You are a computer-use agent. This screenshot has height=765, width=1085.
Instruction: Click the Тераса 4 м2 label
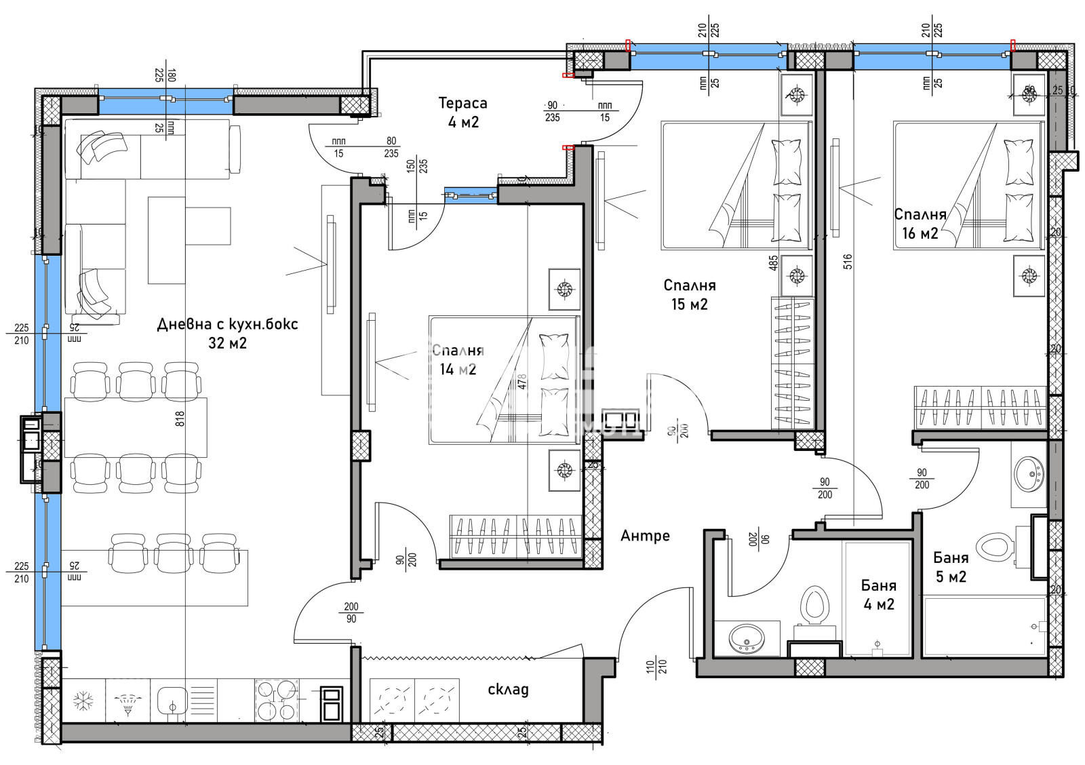coord(462,113)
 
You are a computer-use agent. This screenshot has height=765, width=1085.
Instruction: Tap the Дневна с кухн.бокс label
coord(227,333)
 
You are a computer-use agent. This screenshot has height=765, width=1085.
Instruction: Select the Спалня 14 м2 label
coord(457,359)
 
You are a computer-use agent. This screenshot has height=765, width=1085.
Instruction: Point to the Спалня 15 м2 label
coord(689,294)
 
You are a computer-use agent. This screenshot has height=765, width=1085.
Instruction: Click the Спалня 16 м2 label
coord(920,224)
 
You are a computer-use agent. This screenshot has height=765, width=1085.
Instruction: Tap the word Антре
coord(645,536)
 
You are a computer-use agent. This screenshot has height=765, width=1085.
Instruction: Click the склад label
coord(508,690)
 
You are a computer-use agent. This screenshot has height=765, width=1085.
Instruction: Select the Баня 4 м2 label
coord(879,594)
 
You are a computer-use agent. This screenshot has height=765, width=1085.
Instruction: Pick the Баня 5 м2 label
coord(951,567)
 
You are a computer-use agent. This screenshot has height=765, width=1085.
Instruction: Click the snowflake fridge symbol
coord(83,701)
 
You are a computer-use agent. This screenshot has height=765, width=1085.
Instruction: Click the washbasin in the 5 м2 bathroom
coord(1029,473)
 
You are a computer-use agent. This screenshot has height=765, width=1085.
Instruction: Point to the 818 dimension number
coord(180,420)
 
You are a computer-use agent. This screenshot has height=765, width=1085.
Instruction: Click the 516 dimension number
coord(848,262)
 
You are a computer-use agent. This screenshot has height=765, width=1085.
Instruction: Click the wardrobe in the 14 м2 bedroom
coord(515,537)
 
